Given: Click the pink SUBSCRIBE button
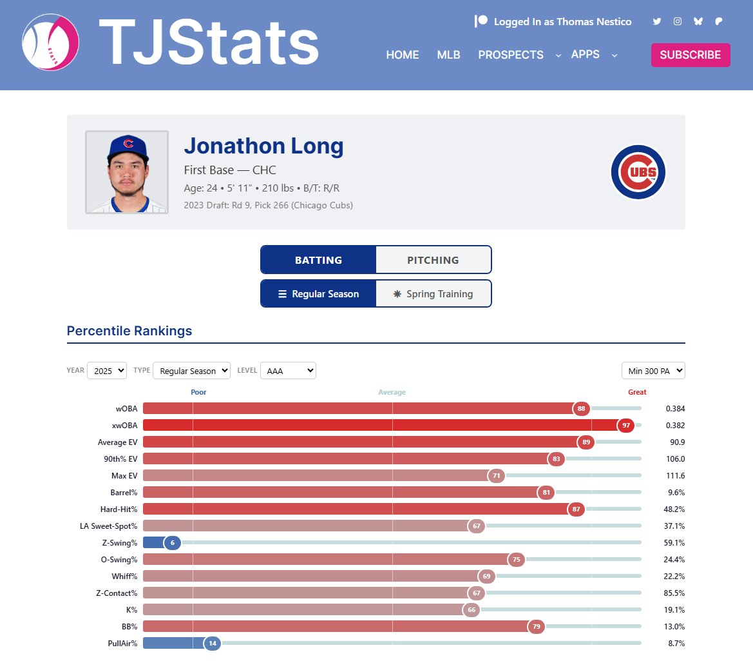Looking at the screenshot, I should (691, 55).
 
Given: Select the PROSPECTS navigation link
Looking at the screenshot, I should (510, 55).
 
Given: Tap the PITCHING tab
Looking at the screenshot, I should (433, 260).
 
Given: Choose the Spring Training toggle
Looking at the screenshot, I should (433, 294).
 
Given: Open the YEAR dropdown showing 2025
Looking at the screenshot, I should (107, 371).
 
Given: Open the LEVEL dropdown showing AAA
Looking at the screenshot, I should (288, 371).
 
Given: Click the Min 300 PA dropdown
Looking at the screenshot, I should (653, 371).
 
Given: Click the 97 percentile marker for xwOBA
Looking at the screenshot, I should (626, 426).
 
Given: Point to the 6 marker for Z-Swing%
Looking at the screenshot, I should (173, 543).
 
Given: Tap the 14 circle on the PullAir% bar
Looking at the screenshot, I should (213, 644).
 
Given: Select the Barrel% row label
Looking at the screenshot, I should (124, 493).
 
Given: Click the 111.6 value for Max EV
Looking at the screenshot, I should (674, 476).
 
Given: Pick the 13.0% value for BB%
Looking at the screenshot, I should (674, 627).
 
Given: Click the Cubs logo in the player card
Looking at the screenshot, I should (638, 172).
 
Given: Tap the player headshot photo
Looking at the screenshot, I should (127, 172).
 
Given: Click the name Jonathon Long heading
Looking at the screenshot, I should (263, 146).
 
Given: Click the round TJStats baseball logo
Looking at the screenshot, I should (50, 43).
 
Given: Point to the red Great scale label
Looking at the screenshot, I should (637, 392).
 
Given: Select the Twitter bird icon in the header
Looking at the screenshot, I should (657, 21).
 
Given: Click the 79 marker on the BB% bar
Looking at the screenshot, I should (536, 627).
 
